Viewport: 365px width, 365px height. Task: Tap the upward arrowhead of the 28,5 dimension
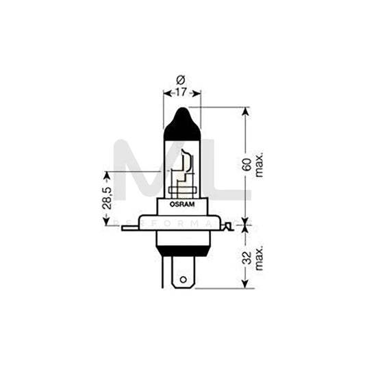(x=105, y=173)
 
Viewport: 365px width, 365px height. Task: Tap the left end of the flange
(x=125, y=227)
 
